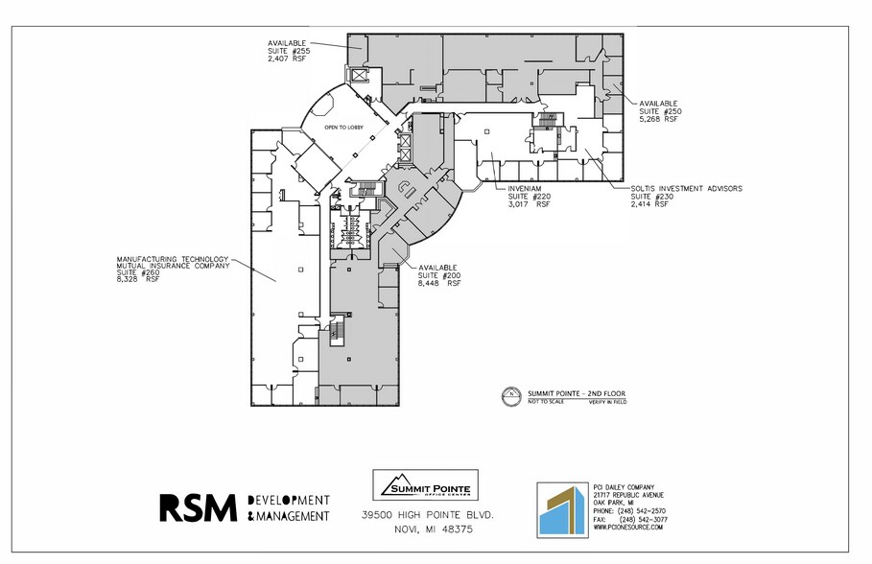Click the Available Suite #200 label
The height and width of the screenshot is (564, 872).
tap(439, 275)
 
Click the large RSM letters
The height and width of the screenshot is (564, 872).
tap(198, 507)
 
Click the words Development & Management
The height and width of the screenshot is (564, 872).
tap(288, 508)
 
